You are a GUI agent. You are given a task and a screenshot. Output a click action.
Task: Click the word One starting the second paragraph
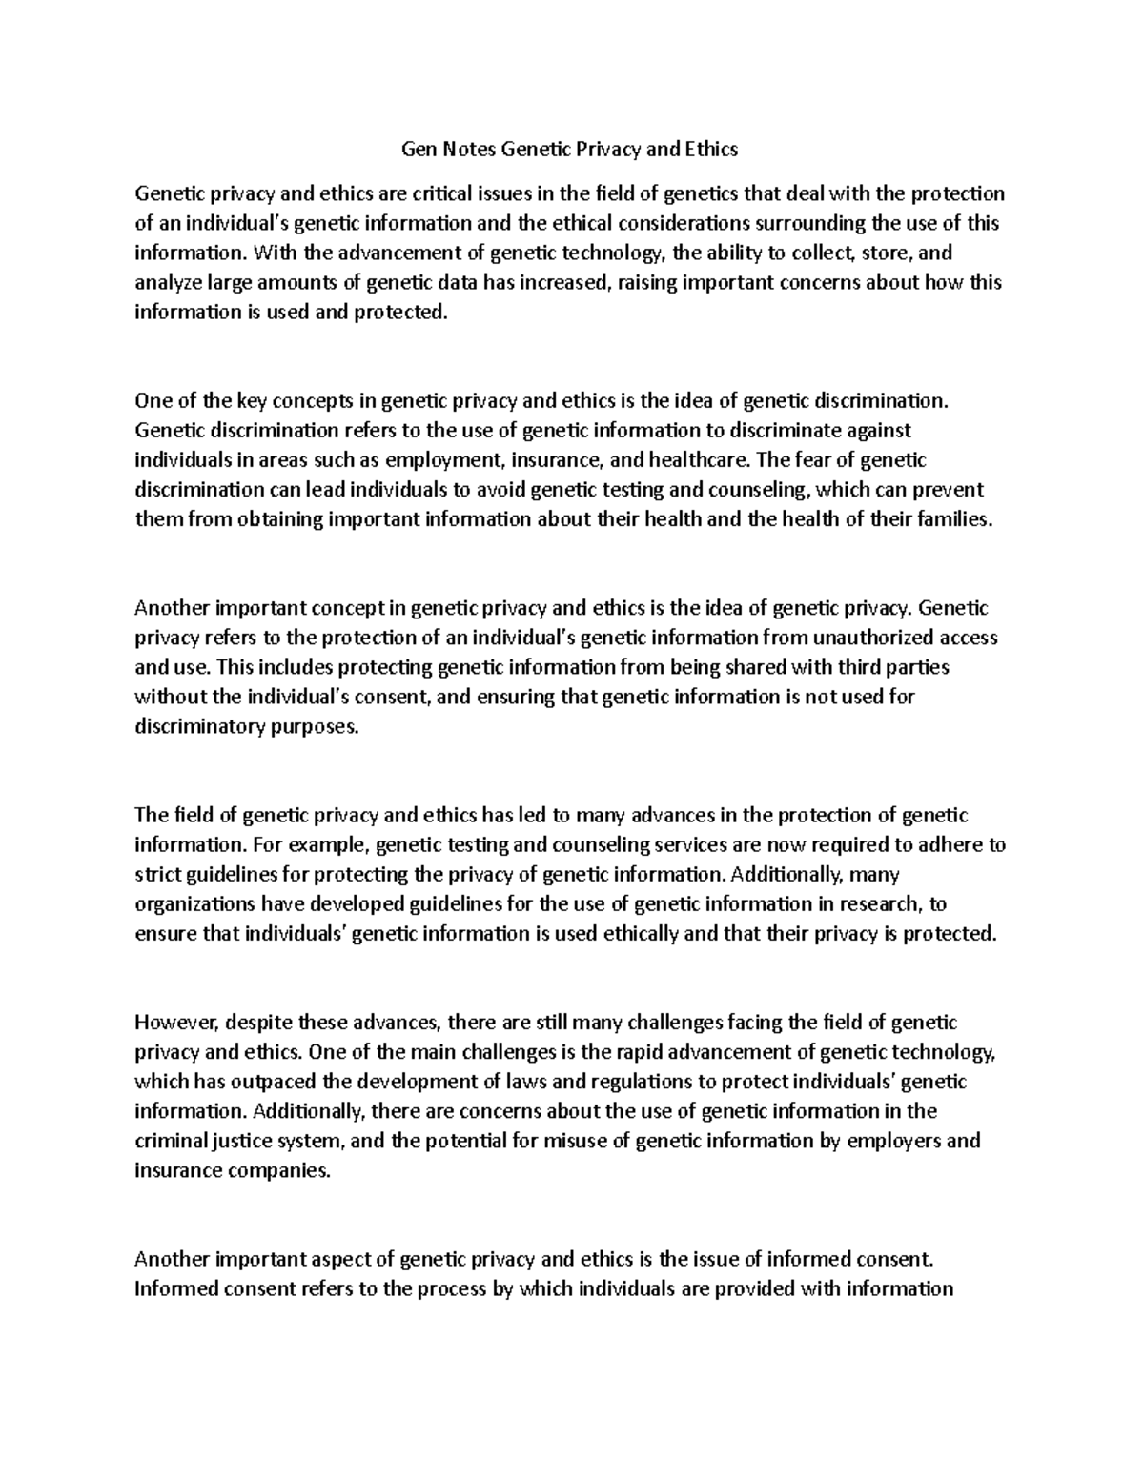point(153,401)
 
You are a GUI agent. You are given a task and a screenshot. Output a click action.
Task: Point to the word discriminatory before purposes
point(197,726)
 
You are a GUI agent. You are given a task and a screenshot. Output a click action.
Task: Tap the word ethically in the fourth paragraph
point(641,934)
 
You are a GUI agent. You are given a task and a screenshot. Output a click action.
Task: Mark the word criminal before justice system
point(168,1142)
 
